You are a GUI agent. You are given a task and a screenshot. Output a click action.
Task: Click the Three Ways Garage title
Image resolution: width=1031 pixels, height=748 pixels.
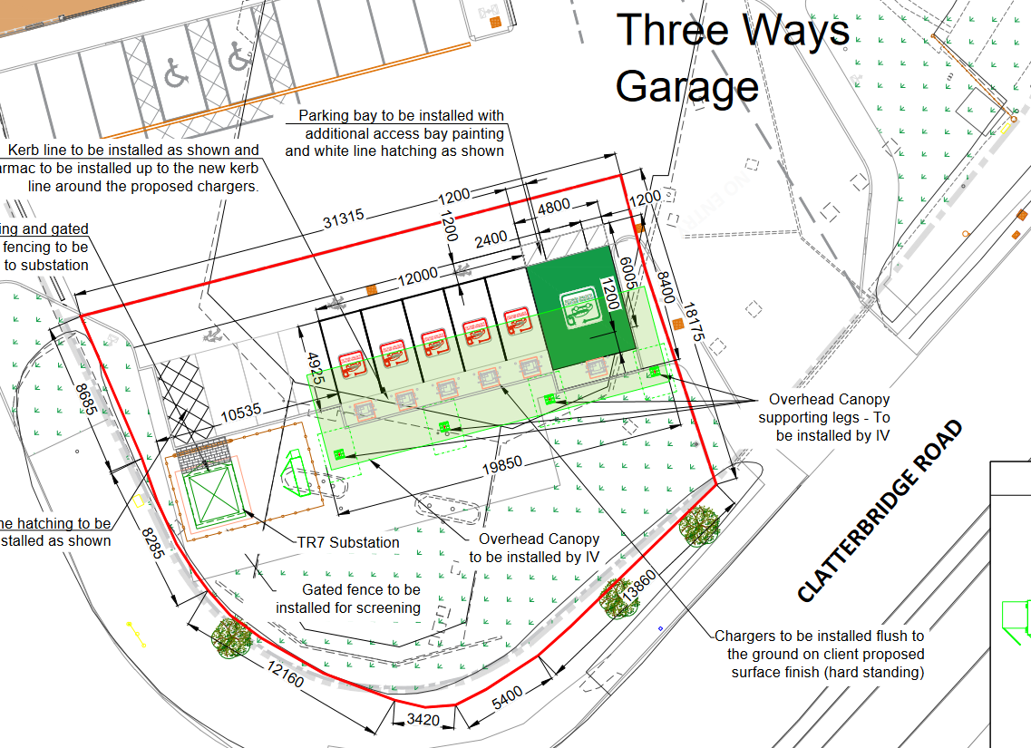pos(733,58)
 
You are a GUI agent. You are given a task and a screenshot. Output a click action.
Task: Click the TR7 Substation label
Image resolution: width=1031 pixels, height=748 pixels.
pos(348,543)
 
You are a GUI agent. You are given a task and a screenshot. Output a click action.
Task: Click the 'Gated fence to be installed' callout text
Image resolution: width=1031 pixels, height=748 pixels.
pos(348,598)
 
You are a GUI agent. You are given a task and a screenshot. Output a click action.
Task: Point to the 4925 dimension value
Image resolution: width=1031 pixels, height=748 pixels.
pos(314,370)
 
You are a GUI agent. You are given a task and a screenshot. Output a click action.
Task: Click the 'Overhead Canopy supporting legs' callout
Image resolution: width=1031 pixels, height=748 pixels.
pos(824,417)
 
